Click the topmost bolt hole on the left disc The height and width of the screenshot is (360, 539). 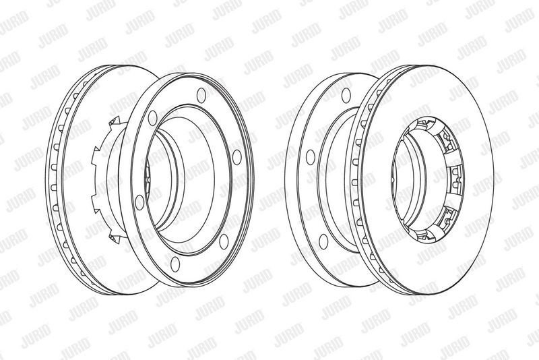point(201,94)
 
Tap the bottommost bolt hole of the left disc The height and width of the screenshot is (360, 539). point(175,264)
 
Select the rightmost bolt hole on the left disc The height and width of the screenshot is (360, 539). point(237,157)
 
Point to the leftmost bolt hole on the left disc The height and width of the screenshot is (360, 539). point(139,202)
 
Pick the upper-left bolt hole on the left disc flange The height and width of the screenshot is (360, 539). point(153,118)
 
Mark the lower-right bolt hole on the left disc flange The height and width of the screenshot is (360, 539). point(224,241)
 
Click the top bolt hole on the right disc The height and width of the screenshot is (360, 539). point(346,95)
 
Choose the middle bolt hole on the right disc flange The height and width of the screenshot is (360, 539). point(311,157)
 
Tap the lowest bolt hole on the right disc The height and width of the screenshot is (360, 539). point(323,241)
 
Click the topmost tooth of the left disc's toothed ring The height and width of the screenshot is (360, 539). point(113,122)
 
